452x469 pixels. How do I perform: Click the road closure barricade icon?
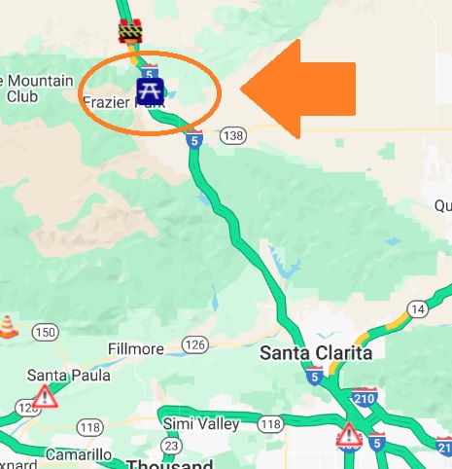point(130,31)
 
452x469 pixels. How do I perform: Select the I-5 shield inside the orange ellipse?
point(149,72)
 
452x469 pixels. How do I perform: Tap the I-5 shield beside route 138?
point(195,140)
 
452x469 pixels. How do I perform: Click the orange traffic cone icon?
point(9,325)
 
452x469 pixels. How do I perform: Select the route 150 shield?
point(44,333)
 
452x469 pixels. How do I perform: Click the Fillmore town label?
point(138,346)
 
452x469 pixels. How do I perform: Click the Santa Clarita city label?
point(317,353)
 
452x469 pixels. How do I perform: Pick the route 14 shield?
point(418,309)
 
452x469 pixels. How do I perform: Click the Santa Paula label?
point(59,375)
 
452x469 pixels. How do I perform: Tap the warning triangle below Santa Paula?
point(44,396)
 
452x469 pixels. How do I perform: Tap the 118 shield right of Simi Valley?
point(271,423)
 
